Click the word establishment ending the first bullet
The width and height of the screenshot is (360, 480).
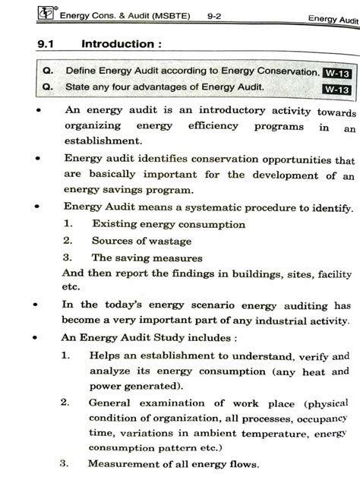[103, 141]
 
